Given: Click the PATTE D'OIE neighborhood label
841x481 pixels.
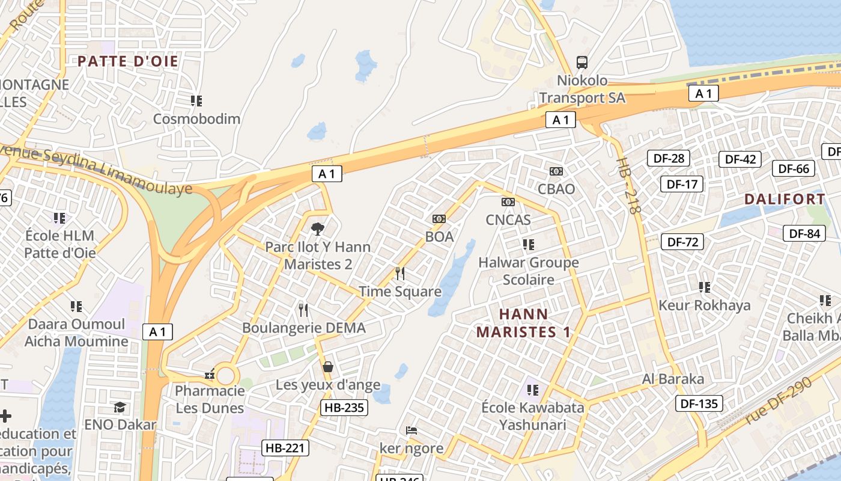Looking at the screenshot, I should (128, 61).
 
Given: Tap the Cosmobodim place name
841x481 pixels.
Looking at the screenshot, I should (196, 118).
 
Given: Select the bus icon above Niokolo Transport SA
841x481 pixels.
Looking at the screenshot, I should (581, 62).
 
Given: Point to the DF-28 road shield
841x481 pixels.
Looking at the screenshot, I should (668, 159).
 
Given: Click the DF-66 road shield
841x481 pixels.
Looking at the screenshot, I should (794, 168).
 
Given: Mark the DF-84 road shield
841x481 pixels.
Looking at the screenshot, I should (804, 233).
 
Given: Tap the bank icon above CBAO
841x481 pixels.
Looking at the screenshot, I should (556, 171).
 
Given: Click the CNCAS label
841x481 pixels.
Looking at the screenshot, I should (508, 219).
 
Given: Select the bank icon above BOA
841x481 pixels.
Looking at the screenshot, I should (439, 219).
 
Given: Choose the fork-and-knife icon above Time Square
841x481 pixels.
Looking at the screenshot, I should (400, 274).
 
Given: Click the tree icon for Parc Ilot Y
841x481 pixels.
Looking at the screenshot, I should (318, 228).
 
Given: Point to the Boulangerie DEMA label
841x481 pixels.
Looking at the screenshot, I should (303, 328).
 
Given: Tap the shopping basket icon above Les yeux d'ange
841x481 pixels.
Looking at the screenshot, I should (328, 366).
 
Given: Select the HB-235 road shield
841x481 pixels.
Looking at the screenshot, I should (344, 408).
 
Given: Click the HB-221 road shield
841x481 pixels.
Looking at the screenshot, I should (285, 447).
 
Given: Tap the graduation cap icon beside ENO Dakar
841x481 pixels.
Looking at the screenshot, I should (120, 407).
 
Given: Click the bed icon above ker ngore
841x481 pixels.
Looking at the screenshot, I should (411, 430).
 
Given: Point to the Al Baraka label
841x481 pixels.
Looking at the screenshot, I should (673, 379).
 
